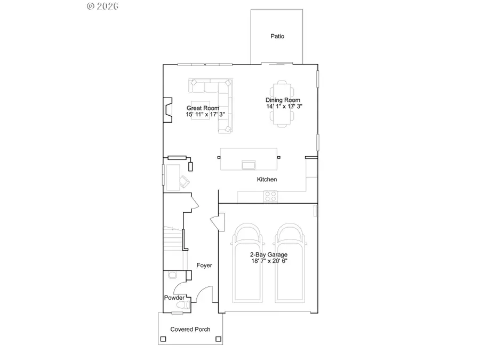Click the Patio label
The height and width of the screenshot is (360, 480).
tap(277, 36)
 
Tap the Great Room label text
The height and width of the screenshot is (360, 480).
tap(203, 108)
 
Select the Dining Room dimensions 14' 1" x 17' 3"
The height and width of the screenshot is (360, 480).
tap(283, 107)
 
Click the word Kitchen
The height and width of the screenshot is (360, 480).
tap(267, 180)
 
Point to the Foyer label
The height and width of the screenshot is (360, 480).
tap(204, 265)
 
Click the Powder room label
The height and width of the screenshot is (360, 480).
tap(174, 298)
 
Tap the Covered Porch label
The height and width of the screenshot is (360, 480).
tap(190, 330)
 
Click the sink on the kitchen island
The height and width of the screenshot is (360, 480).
tap(249, 163)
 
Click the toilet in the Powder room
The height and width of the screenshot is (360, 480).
tap(183, 305)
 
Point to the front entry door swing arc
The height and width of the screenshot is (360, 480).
tap(204, 294)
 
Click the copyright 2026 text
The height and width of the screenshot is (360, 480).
tap(103, 6)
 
